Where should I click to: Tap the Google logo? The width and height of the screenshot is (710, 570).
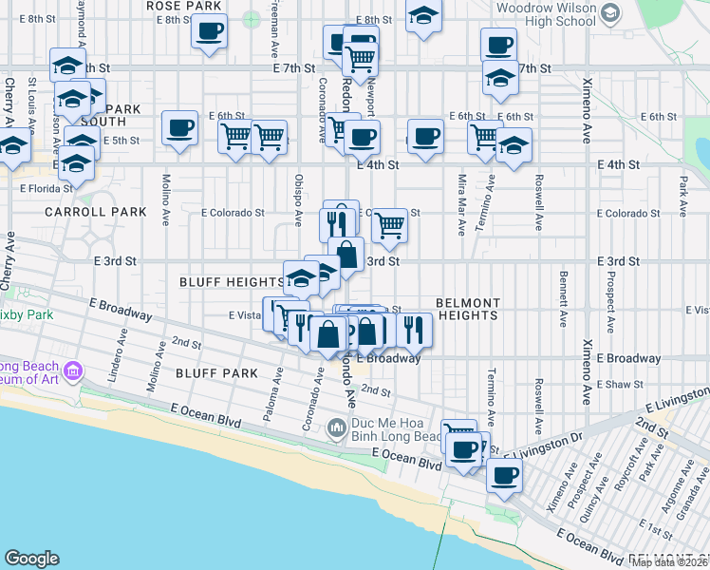click(x=31, y=559)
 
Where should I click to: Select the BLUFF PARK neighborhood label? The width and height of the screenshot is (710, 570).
click(x=216, y=373)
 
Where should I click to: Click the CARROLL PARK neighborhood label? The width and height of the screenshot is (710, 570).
click(x=95, y=212)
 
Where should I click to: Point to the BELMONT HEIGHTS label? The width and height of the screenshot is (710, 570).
click(x=467, y=309)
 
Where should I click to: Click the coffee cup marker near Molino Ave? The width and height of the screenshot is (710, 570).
click(x=179, y=128)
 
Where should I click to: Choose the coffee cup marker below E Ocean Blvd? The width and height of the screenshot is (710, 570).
click(x=504, y=473)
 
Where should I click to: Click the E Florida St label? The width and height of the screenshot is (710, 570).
click(x=46, y=187)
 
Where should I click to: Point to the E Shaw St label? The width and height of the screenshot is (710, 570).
click(x=620, y=385)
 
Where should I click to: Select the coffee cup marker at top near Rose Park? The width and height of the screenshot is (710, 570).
click(x=208, y=29)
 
